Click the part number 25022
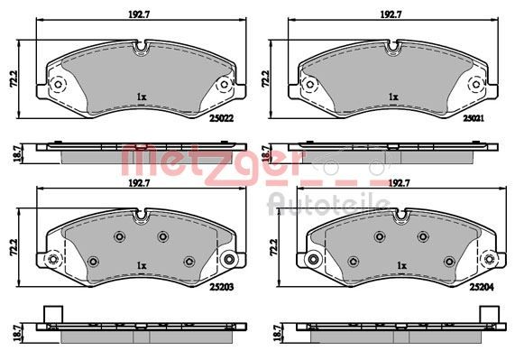tap(221, 118)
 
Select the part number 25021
tap(474, 118)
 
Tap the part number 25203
tap(221, 287)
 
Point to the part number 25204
tap(482, 287)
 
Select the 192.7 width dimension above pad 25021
tap(391, 14)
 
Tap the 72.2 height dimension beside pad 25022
tap(14, 78)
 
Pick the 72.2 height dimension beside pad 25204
tap(274, 247)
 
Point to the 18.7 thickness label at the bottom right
tap(278, 333)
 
